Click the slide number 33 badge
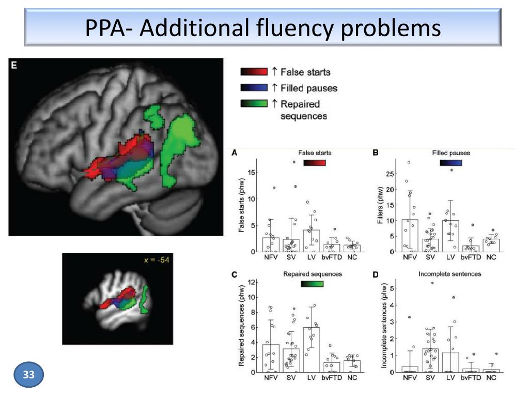29,375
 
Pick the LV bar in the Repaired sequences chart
311,349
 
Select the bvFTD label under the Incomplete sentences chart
472,377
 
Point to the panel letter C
235,274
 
